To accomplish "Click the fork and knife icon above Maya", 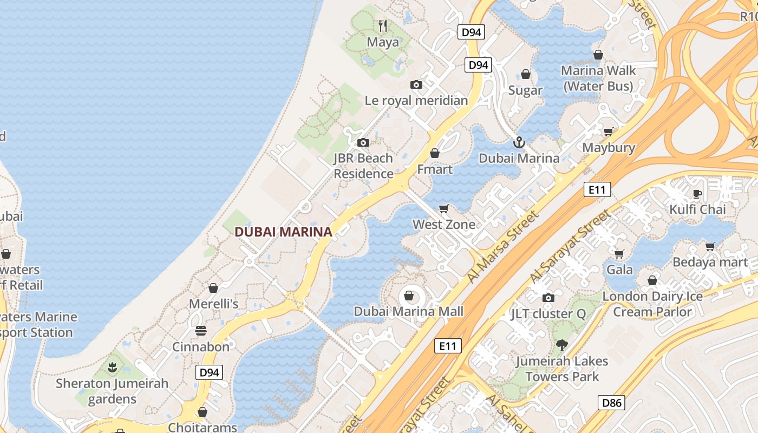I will point(383,25).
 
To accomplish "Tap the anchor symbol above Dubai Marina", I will point(519,142).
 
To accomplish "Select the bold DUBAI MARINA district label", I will point(283,232).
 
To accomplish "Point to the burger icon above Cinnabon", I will point(201,330).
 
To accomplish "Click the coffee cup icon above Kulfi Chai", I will point(697,194).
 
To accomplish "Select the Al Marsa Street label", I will point(504,246).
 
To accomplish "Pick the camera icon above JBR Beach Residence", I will point(363,142).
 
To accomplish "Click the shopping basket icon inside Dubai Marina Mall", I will point(409,296).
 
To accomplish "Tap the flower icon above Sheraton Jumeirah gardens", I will point(112,368).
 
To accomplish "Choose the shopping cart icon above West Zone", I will point(444,208).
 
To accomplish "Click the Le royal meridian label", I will point(416,101).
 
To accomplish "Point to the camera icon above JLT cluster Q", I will point(548,298).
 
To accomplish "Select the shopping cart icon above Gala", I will point(619,253).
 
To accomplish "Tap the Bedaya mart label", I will point(710,262).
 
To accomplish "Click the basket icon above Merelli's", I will point(213,288).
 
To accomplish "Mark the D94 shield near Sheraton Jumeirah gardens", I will point(209,372).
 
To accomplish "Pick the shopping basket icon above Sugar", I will point(525,74).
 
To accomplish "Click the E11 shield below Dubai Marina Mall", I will point(448,346).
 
